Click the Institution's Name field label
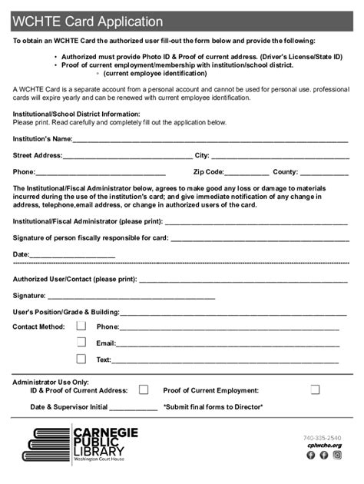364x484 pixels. click(x=42, y=139)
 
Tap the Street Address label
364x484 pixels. click(x=38, y=155)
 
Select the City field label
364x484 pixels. click(x=202, y=155)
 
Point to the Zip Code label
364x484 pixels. click(x=209, y=172)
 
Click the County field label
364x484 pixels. click(x=285, y=172)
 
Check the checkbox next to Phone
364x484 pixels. click(x=81, y=326)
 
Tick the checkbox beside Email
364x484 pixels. click(x=81, y=343)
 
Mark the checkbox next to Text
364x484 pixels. click(x=81, y=359)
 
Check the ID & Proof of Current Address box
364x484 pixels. click(x=143, y=390)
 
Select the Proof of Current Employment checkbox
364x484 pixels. click(x=315, y=390)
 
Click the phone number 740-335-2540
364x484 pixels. click(x=323, y=438)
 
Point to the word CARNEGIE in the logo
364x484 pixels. click(x=105, y=433)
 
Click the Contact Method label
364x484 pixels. click(x=38, y=327)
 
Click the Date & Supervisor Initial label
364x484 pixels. click(x=68, y=406)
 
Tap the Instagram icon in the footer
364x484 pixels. click(x=336, y=455)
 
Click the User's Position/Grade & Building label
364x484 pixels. click(x=65, y=313)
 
